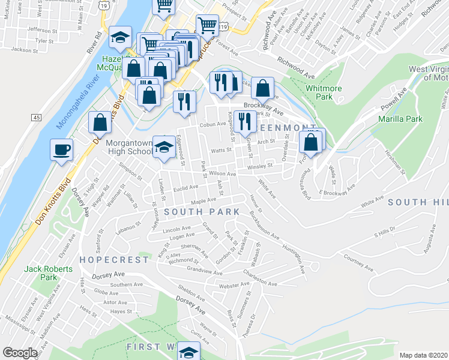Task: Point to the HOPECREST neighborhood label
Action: pyautogui.click(x=113, y=260)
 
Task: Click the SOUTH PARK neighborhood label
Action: pyautogui.click(x=202, y=212)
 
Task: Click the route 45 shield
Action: pyautogui.click(x=37, y=118)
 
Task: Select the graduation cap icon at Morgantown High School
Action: pyautogui.click(x=162, y=146)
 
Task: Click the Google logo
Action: pyautogui.click(x=20, y=353)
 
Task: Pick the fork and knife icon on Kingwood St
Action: pyautogui.click(x=244, y=122)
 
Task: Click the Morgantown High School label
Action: pyautogui.click(x=128, y=148)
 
